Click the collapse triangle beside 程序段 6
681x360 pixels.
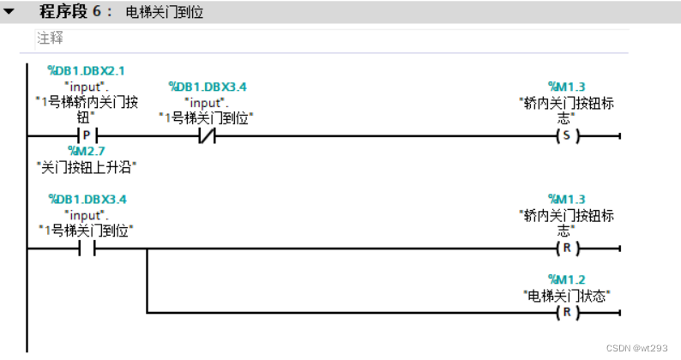tap(9, 13)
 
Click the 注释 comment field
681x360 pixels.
tap(50, 39)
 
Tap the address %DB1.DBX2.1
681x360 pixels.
tap(86, 71)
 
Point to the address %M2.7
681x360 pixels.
tap(86, 150)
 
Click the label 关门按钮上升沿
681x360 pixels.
tap(87, 165)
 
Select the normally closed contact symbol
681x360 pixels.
tap(207, 136)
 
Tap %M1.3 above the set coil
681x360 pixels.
tap(566, 86)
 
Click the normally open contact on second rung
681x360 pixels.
tap(87, 249)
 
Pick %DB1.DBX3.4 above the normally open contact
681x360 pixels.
tap(86, 199)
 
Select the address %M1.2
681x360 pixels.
tap(566, 279)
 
